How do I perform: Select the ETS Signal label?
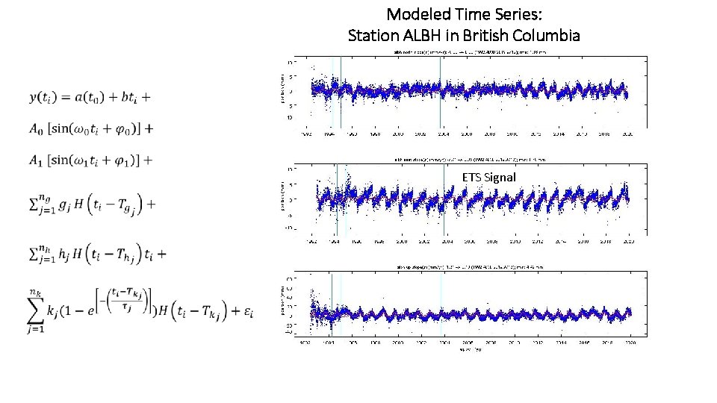pyautogui.click(x=488, y=177)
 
